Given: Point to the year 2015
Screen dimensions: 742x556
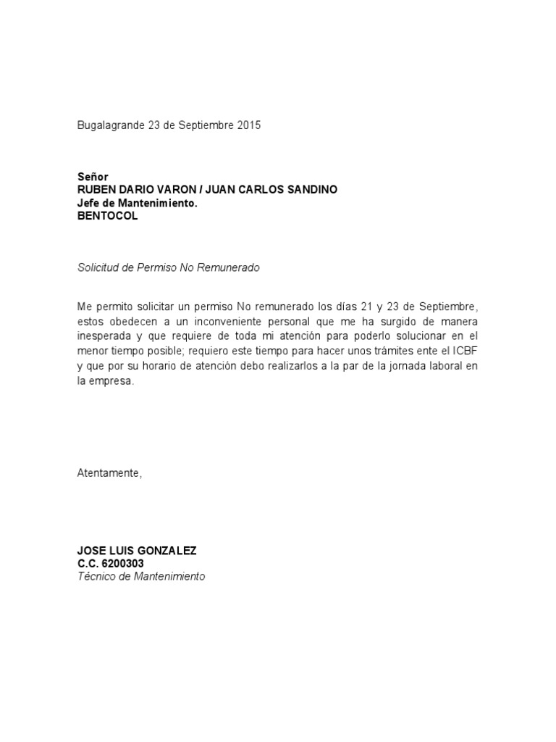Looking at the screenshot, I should click(248, 125).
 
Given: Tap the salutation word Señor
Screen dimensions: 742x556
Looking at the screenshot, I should click(93, 177).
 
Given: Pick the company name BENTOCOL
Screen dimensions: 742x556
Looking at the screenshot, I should click(107, 216).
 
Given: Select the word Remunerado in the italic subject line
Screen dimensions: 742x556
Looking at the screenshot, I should click(229, 267).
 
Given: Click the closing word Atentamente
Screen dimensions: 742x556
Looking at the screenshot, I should click(109, 473).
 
